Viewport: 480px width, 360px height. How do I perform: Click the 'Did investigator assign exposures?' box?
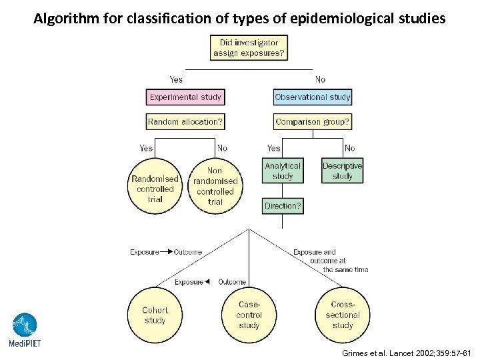click(249, 47)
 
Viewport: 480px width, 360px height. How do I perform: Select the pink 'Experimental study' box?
click(185, 97)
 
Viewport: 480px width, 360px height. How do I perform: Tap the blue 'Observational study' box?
click(312, 97)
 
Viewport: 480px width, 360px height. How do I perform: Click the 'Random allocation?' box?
click(185, 122)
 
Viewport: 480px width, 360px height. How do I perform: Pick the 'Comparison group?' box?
click(312, 122)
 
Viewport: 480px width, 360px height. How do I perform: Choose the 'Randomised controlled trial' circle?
click(155, 185)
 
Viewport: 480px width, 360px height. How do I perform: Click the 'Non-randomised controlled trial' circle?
click(215, 185)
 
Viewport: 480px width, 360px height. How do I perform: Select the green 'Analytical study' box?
click(283, 171)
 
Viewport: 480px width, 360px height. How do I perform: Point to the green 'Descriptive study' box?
click(342, 171)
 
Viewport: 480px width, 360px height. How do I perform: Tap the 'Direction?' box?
click(283, 206)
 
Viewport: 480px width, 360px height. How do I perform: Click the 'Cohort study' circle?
click(155, 315)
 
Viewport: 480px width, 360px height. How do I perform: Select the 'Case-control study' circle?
click(249, 315)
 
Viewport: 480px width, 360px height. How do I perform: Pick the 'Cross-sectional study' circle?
click(342, 315)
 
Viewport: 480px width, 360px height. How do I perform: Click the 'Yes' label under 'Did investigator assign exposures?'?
click(176, 79)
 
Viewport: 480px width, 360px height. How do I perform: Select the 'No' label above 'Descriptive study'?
click(349, 148)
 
